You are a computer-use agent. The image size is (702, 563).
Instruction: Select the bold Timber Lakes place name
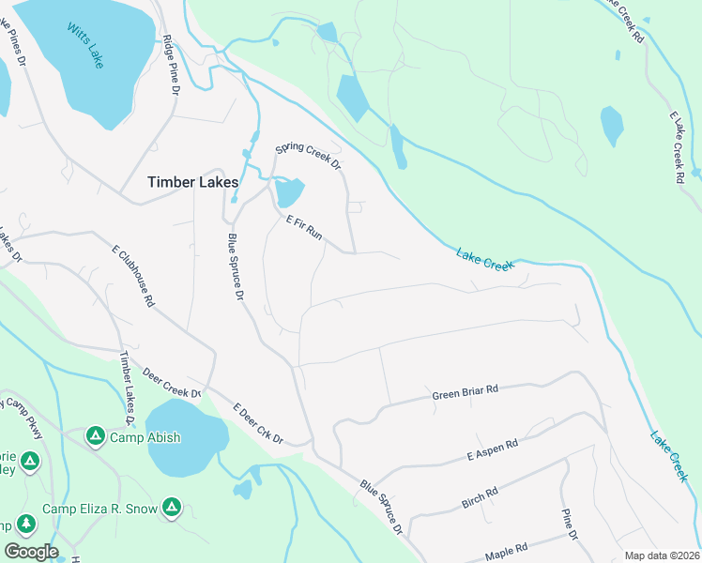(192, 182)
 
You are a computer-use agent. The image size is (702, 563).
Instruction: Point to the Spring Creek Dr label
(307, 155)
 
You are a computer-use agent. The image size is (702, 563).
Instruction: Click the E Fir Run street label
(304, 228)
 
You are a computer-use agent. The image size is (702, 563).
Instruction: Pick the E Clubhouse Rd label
(132, 278)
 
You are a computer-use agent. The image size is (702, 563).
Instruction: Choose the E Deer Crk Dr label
(258, 423)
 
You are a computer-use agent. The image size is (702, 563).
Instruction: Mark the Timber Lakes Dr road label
(127, 386)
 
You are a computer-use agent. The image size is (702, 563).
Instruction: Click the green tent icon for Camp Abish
(95, 436)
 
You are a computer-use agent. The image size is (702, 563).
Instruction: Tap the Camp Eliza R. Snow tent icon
(171, 509)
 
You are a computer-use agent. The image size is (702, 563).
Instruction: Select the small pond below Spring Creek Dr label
(289, 193)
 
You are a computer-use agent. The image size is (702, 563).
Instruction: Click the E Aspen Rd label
(493, 450)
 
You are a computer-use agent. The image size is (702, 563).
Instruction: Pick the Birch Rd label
(480, 497)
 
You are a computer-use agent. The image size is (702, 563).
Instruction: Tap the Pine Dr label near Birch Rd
(569, 524)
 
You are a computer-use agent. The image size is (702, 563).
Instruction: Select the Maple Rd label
(507, 550)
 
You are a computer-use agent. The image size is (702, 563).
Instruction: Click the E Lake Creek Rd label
(675, 145)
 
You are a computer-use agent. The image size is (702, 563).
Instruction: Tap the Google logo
(30, 551)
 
